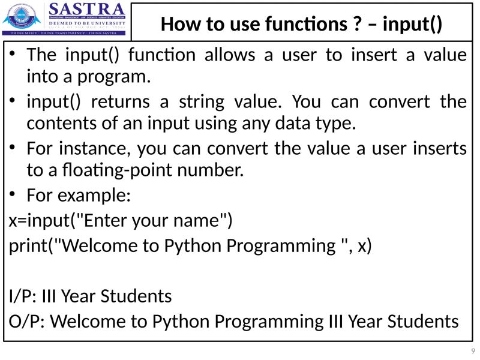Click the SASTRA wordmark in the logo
click(87, 10)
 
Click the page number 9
click(473, 350)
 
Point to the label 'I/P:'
click(24, 296)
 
